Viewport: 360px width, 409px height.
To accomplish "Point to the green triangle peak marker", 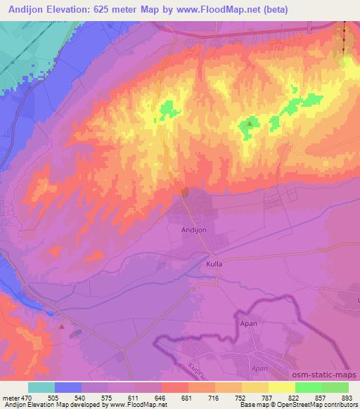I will tap(250, 124).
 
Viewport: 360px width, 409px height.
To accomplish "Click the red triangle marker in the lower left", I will tap(63, 326).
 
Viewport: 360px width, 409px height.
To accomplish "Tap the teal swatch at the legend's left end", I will tap(41, 387).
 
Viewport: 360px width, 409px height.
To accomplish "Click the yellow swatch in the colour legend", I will tap(282, 387).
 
